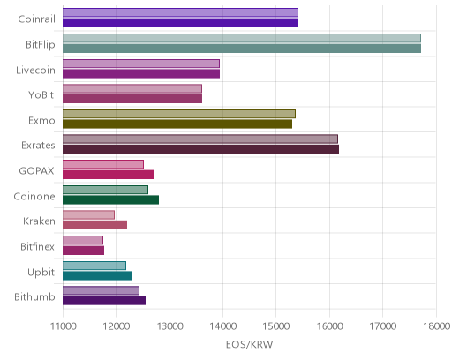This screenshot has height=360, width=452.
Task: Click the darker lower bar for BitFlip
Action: pyautogui.click(x=242, y=49)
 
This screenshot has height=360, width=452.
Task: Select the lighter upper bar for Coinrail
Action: pyautogui.click(x=180, y=12)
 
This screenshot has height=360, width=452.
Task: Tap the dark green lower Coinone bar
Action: pyautogui.click(x=110, y=200)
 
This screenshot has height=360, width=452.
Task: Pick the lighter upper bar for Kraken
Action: pyautogui.click(x=88, y=215)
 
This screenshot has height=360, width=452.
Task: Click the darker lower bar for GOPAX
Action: pyautogui.click(x=109, y=175)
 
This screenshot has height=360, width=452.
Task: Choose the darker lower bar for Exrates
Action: pyautogui.click(x=200, y=149)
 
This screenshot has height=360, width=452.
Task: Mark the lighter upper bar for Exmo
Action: pyautogui.click(x=179, y=114)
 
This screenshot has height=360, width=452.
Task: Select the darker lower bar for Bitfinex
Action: pyautogui.click(x=83, y=251)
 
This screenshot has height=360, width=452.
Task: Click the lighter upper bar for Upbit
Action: pyautogui.click(x=94, y=266)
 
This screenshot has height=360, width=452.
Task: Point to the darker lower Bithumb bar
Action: pyautogui.click(x=104, y=301)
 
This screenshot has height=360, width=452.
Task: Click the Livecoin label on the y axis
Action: pyautogui.click(x=35, y=71)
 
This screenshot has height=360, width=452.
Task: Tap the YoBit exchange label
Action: pyautogui.click(x=41, y=95)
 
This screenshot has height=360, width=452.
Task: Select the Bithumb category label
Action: pyautogui.click(x=34, y=297)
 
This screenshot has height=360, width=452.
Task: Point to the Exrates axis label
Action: pyautogui.click(x=38, y=146)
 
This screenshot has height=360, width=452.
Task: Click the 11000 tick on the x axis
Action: pyautogui.click(x=63, y=326)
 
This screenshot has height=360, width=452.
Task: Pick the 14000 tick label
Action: pyautogui.click(x=223, y=326)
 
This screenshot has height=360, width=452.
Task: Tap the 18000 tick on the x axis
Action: pyautogui.click(x=437, y=326)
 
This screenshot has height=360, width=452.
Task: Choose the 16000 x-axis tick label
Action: pyautogui.click(x=330, y=326)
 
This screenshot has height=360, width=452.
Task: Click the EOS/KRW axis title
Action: pyautogui.click(x=250, y=344)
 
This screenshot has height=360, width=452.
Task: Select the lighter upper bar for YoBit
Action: pyautogui.click(x=132, y=88)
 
